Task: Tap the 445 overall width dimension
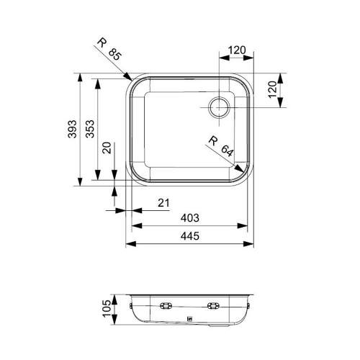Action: pos(190,237)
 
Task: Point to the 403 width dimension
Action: pos(190,217)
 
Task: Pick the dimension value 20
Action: pos(107,148)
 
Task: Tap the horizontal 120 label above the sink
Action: pos(238,51)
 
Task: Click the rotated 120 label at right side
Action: pos(272,90)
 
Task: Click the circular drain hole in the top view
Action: pos(218,108)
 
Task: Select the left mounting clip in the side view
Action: pos(166,305)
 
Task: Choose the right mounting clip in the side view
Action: pos(213,305)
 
